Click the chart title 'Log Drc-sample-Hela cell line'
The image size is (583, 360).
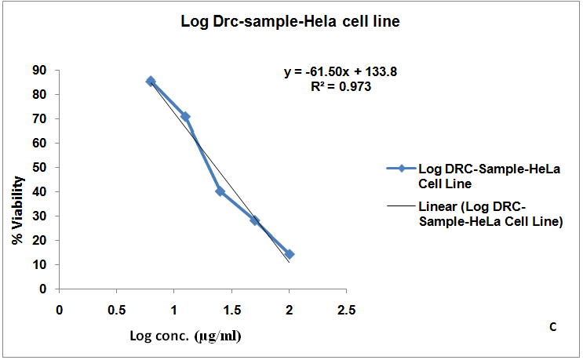point(291,23)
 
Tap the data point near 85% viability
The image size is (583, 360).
point(151,81)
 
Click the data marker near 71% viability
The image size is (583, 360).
point(185,117)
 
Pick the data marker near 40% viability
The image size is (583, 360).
point(220,191)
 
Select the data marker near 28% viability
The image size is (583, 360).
point(255,220)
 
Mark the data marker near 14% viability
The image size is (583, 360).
point(290,254)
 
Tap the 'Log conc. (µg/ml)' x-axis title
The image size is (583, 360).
point(185,336)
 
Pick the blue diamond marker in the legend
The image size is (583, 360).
point(400,168)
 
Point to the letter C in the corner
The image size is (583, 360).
point(552,327)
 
